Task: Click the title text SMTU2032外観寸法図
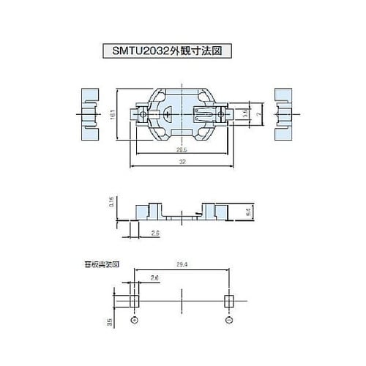point(183,52)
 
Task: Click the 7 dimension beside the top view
point(258,115)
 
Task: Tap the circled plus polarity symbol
point(134,321)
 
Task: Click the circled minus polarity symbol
point(229,321)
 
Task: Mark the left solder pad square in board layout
point(134,302)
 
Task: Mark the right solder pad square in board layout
point(229,302)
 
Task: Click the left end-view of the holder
point(87,115)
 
